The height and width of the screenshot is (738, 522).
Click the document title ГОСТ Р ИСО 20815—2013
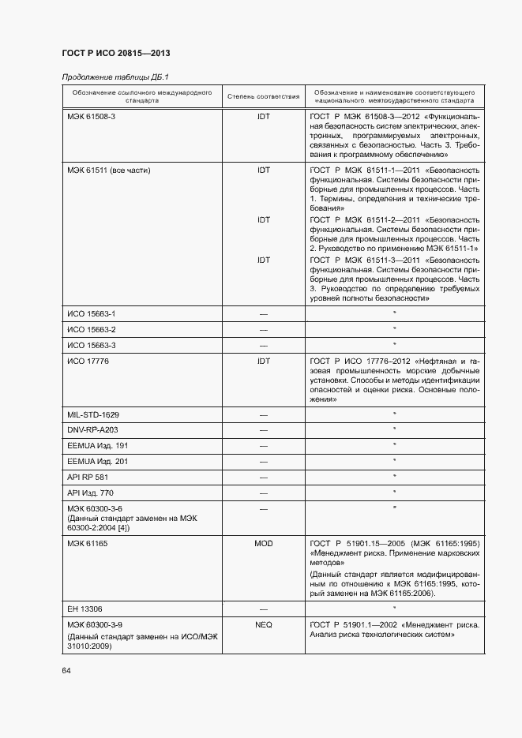(116, 53)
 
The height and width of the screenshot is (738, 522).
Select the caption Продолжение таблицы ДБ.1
(115, 77)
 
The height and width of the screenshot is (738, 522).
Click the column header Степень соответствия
(263, 97)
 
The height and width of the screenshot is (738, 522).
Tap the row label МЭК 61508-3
(91, 116)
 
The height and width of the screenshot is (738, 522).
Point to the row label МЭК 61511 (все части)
(108, 170)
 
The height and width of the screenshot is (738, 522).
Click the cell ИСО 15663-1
(91, 313)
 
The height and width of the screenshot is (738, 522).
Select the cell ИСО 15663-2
(91, 329)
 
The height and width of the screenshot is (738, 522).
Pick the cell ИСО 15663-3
(91, 345)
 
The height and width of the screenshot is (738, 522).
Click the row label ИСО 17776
(88, 361)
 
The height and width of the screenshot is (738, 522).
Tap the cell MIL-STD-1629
(93, 414)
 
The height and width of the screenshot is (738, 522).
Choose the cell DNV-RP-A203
(92, 429)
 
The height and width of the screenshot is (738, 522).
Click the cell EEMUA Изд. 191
(97, 445)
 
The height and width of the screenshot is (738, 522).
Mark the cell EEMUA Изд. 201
(97, 461)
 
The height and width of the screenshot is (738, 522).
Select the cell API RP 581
(87, 477)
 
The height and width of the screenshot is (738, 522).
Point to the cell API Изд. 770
(91, 493)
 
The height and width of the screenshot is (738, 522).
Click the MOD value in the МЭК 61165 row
(263, 544)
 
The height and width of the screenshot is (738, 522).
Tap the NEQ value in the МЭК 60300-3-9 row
(263, 624)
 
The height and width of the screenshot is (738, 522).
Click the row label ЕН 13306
(85, 609)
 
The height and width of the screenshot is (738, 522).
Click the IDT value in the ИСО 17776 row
(263, 361)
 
